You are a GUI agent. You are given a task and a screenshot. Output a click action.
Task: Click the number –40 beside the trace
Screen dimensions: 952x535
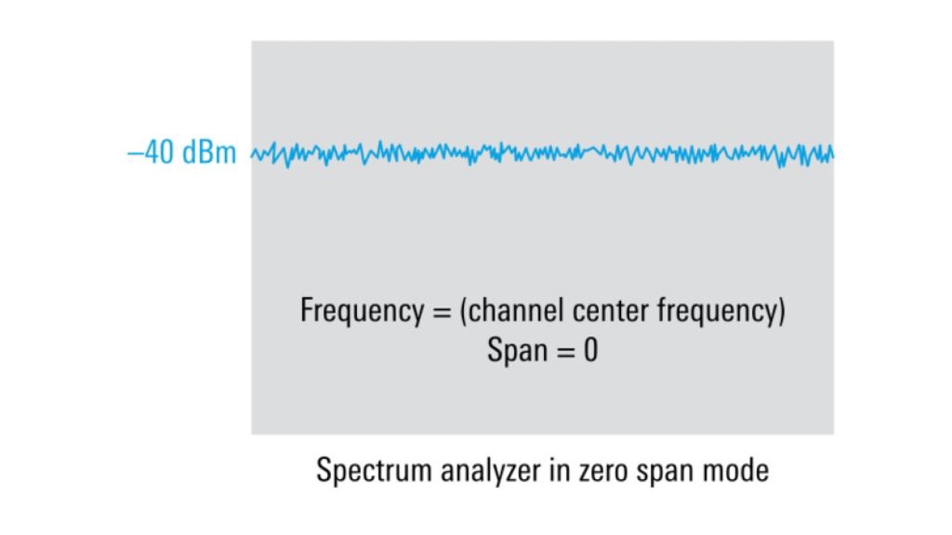tap(151, 151)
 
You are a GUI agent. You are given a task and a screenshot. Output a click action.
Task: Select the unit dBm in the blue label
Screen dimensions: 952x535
tap(209, 151)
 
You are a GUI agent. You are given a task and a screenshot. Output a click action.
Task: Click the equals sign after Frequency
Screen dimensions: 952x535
tap(442, 312)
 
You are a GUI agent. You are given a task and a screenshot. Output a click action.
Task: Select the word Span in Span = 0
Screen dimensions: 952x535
tap(517, 350)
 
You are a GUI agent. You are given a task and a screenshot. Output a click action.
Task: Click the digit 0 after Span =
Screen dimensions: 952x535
tap(590, 350)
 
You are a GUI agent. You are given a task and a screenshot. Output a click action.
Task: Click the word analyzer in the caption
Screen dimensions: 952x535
tap(491, 471)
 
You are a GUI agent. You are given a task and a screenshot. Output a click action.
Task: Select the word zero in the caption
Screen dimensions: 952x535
tap(602, 473)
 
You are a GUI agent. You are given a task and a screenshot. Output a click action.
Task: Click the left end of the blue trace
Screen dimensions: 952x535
tap(252, 155)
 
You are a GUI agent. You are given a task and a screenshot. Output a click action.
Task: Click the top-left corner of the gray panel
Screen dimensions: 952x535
tap(251, 41)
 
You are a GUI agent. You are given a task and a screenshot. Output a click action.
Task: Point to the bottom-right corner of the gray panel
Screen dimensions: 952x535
tap(834, 435)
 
